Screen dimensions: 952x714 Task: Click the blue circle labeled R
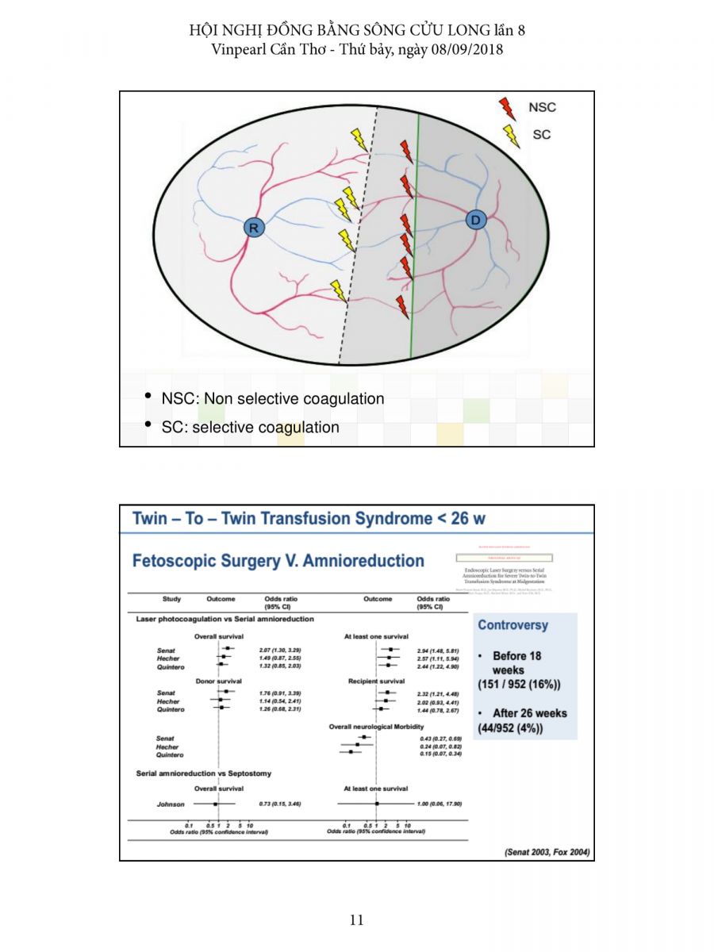pyautogui.click(x=254, y=228)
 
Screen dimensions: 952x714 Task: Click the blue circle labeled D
pyautogui.click(x=476, y=220)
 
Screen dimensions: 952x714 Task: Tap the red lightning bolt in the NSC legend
pyautogui.click(x=505, y=108)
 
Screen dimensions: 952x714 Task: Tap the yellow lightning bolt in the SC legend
pyautogui.click(x=512, y=136)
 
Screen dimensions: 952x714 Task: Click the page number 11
pyautogui.click(x=356, y=920)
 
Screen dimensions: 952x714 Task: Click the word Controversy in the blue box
pyautogui.click(x=512, y=625)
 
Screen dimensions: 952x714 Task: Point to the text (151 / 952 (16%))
pyautogui.click(x=520, y=684)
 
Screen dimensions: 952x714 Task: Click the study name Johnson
pyautogui.click(x=170, y=804)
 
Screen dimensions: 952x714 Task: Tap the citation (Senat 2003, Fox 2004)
pyautogui.click(x=547, y=853)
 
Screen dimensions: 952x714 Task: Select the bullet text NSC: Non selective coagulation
pyautogui.click(x=272, y=399)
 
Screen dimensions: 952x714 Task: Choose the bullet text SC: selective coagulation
pyautogui.click(x=250, y=428)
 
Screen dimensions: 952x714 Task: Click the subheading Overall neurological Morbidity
pyautogui.click(x=376, y=727)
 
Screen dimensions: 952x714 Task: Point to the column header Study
pyautogui.click(x=171, y=599)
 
